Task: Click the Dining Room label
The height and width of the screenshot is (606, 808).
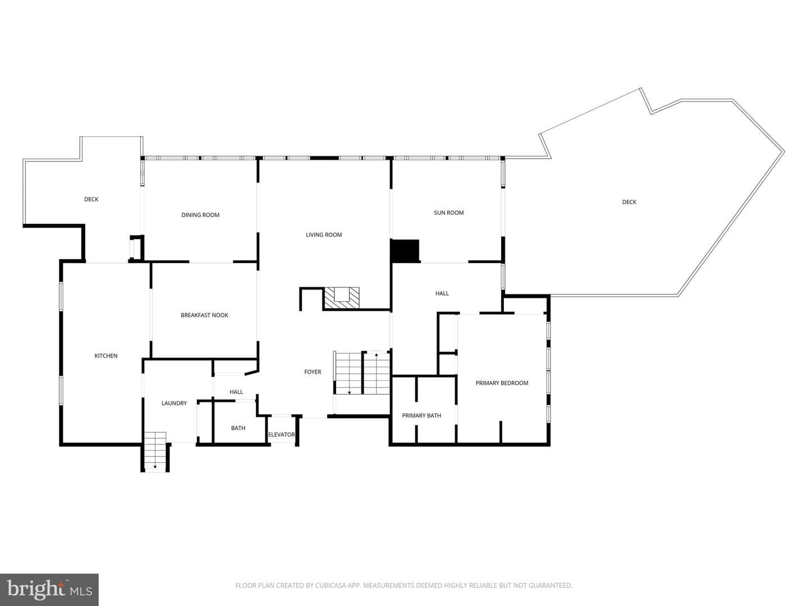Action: click(x=200, y=215)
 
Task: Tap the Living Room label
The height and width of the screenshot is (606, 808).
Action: click(x=324, y=235)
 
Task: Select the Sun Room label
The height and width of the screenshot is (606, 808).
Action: click(x=448, y=213)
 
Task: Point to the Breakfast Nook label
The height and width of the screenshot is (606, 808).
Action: click(x=204, y=315)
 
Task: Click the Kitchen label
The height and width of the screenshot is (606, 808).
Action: click(x=106, y=356)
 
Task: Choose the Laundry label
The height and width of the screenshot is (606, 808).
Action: click(x=174, y=403)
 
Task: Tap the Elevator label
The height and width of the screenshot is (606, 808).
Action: click(x=282, y=434)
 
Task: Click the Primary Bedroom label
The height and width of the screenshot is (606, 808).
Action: click(x=502, y=383)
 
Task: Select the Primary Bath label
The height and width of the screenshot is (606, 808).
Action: click(x=421, y=415)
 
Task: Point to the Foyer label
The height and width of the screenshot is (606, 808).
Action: click(x=313, y=372)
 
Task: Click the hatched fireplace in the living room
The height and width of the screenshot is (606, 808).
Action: click(x=341, y=299)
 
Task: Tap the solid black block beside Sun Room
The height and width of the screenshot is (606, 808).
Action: click(x=405, y=251)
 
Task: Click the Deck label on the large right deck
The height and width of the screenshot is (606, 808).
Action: click(x=629, y=202)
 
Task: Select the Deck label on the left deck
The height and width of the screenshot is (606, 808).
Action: click(x=91, y=199)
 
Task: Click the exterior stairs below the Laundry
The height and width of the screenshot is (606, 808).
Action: click(x=155, y=452)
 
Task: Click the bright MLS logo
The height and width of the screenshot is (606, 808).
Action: click(x=49, y=589)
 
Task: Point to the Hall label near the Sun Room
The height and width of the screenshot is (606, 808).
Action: click(x=442, y=293)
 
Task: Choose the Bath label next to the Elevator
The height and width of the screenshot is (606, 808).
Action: click(x=238, y=428)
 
